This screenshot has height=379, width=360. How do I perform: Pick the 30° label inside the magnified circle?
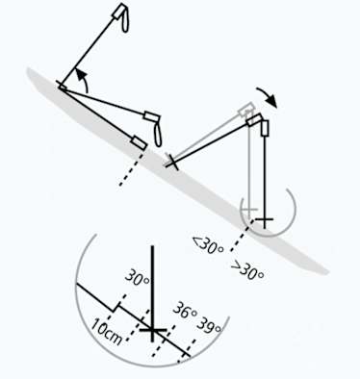138,280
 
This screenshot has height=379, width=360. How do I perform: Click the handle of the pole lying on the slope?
140,142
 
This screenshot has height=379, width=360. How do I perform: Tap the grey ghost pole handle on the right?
245,110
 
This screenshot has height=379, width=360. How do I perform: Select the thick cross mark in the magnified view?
152,333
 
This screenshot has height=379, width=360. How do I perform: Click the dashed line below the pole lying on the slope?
126,172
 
